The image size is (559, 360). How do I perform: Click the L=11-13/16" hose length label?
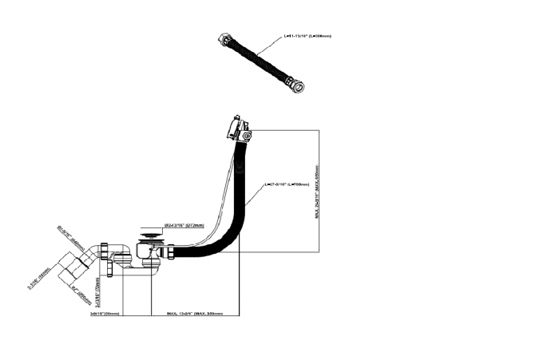coord(307,36)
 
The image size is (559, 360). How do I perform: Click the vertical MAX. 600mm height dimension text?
coord(317,192)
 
